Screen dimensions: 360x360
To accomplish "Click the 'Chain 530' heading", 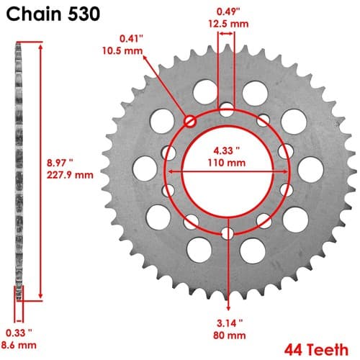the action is pyautogui.click(x=53, y=14).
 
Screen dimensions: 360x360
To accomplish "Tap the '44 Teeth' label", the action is pyautogui.click(x=316, y=350).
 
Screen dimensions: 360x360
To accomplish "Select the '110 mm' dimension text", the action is pyautogui.click(x=227, y=163).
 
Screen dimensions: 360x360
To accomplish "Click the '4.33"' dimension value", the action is pyautogui.click(x=227, y=150).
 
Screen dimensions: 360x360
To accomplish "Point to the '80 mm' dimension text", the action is pyautogui.click(x=230, y=336).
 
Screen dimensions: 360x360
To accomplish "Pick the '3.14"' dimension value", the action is pyautogui.click(x=230, y=323).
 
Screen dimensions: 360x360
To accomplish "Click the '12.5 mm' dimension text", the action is pyautogui.click(x=228, y=24).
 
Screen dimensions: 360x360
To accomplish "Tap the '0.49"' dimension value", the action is pyautogui.click(x=228, y=12).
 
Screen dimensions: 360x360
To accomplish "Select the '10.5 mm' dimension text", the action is pyautogui.click(x=122, y=51).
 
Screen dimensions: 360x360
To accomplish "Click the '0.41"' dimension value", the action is pyautogui.click(x=131, y=39).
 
